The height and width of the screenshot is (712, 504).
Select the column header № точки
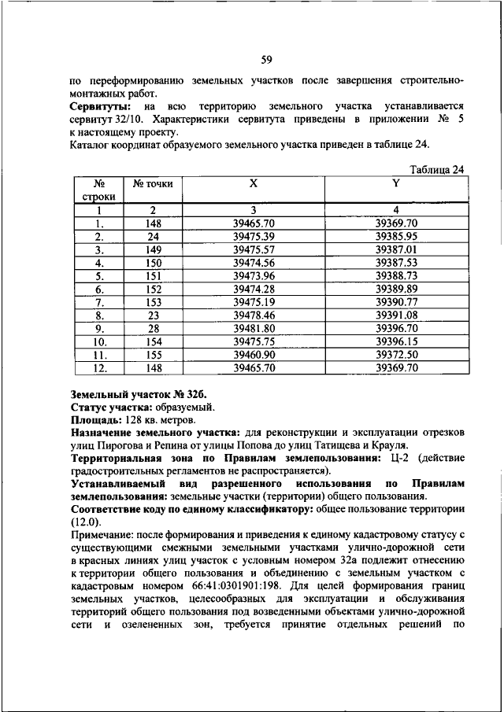tap(153, 184)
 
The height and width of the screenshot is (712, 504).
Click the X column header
tap(254, 183)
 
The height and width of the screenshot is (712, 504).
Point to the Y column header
tap(395, 183)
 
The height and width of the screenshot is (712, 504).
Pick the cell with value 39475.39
tap(254, 236)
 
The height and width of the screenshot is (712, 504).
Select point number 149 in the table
tap(153, 249)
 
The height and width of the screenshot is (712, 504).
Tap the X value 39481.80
tap(254, 326)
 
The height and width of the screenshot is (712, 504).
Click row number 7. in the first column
tap(100, 301)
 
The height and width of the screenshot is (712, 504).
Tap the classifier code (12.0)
tap(85, 521)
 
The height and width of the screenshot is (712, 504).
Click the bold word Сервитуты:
tap(101, 105)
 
